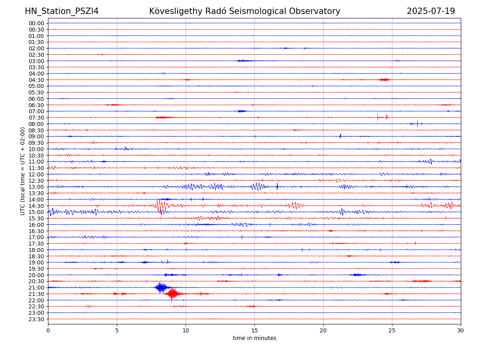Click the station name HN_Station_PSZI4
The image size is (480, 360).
click(x=62, y=11)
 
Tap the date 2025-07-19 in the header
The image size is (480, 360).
click(x=430, y=11)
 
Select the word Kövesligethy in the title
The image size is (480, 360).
click(x=176, y=11)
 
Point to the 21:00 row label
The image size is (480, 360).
click(x=36, y=288)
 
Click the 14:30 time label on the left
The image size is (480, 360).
click(x=36, y=206)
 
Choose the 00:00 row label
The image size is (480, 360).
click(x=36, y=23)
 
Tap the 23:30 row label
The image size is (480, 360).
click(x=36, y=319)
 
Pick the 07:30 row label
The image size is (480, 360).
click(x=36, y=118)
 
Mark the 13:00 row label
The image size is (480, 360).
click(x=36, y=187)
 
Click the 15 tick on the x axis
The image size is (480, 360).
click(x=254, y=330)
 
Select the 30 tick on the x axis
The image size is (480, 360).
click(x=460, y=330)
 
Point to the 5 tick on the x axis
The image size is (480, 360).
click(x=117, y=330)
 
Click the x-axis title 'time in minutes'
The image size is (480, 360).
click(x=254, y=338)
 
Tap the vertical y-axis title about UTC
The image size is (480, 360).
click(x=22, y=171)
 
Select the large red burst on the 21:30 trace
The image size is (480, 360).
click(x=173, y=294)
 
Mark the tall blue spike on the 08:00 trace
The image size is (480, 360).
click(x=417, y=124)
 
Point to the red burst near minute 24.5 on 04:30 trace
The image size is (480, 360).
click(x=384, y=80)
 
